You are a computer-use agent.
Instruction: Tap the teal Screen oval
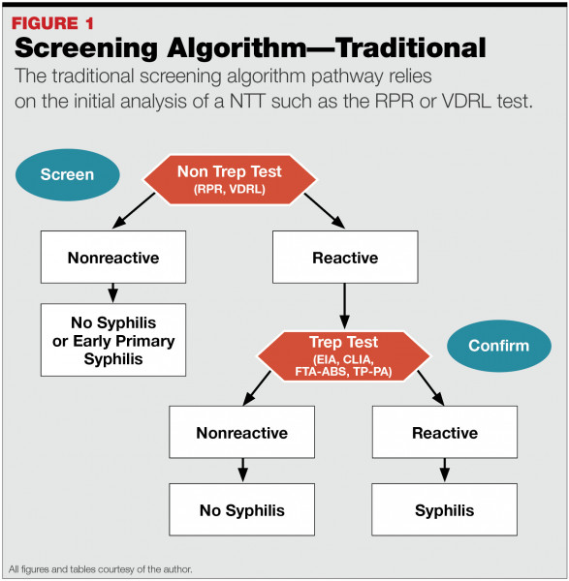[67, 175]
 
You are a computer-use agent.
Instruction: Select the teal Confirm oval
[498, 346]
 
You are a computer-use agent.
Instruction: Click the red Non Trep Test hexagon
[229, 177]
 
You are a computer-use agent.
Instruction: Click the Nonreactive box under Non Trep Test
[112, 258]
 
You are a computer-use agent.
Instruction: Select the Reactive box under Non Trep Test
[345, 258]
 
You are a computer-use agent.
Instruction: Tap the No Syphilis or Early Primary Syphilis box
[112, 338]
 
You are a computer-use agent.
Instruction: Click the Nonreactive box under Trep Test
[241, 432]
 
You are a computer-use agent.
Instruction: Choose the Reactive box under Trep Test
[444, 432]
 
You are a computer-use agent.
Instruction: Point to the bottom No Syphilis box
[241, 510]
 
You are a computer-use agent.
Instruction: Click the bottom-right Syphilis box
[444, 510]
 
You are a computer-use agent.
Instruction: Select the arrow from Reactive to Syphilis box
[444, 470]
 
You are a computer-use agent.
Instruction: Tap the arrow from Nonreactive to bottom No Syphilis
[241, 470]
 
